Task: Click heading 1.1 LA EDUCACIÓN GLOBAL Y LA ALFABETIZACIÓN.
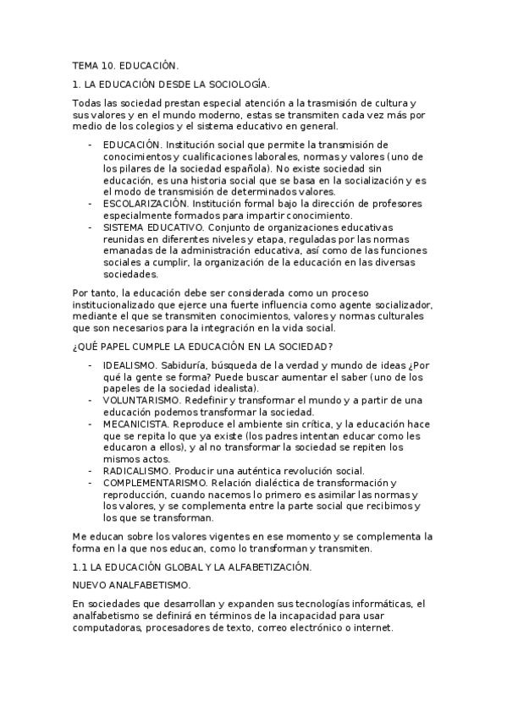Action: [x=192, y=566]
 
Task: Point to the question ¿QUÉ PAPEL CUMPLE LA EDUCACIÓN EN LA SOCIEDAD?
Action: [x=202, y=346]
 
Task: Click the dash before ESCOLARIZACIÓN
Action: [x=91, y=204]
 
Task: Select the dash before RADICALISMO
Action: [x=91, y=470]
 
